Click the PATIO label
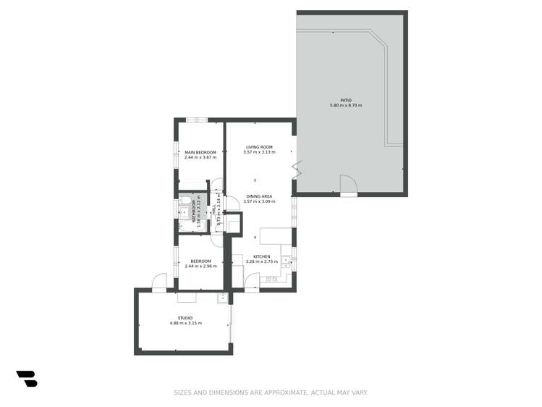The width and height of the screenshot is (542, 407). point(345,101)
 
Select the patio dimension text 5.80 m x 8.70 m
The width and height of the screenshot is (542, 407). point(345,106)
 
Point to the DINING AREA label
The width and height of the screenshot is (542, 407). point(258,196)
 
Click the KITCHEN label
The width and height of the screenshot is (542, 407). point(262,256)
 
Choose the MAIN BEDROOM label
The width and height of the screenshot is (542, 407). point(200,152)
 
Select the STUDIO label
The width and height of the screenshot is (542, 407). point(185,318)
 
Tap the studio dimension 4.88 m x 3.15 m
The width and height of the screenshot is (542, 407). point(185,323)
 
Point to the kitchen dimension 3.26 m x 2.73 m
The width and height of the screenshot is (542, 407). point(262,261)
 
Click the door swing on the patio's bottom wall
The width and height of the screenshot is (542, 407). point(348,185)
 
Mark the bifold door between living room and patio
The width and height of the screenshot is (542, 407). point(295,170)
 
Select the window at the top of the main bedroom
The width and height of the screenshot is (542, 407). point(197,119)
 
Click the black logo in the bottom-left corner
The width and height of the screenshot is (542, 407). point(26,378)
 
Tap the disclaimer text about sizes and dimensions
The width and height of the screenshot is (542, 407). point(271,393)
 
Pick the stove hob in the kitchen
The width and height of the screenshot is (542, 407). point(272,280)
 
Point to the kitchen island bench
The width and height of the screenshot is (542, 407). point(275,238)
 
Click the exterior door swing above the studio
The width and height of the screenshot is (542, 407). point(160,282)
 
